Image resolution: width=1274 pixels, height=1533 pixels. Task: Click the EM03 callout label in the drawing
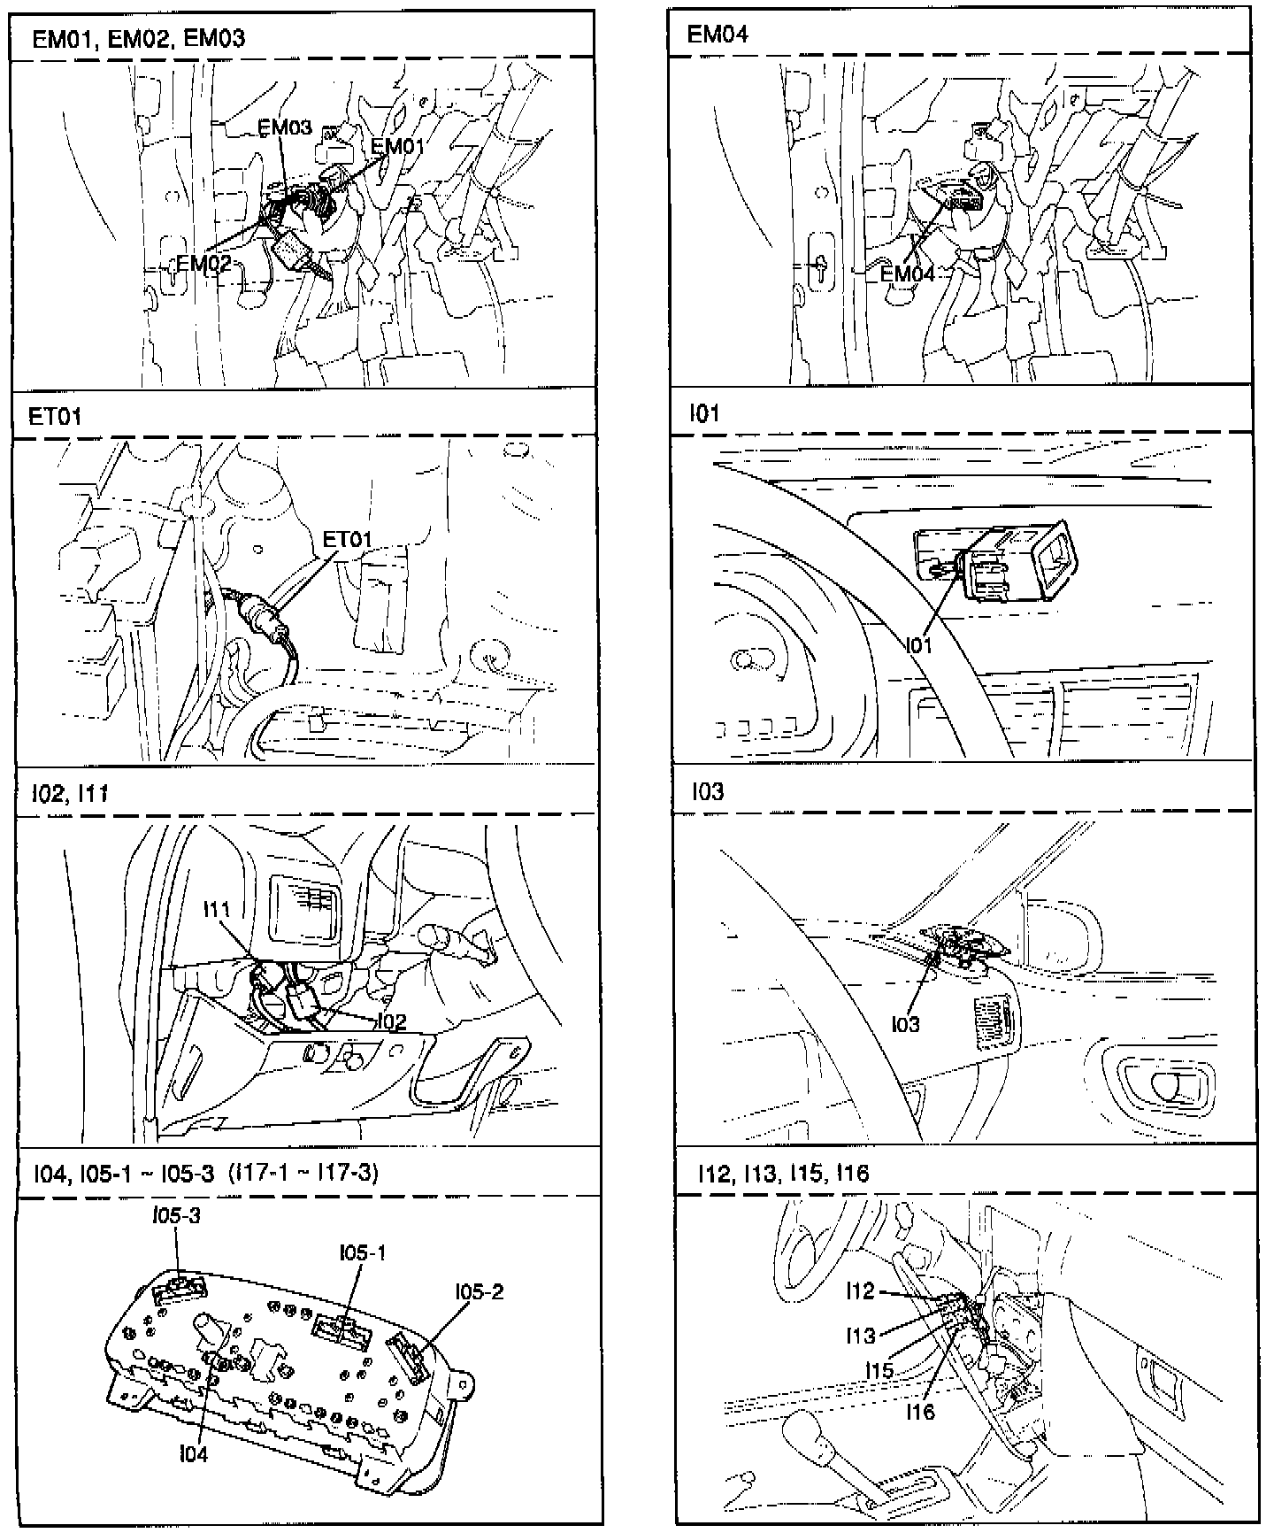[x=285, y=127]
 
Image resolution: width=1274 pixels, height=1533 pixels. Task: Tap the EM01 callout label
[x=397, y=146]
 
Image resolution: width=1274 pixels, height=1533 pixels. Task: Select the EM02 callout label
[x=203, y=263]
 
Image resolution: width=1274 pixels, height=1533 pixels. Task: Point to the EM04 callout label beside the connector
[x=907, y=273]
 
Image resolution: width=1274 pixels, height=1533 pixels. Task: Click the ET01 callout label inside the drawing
[x=347, y=538]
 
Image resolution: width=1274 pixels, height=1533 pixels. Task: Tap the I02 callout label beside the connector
[x=391, y=1021]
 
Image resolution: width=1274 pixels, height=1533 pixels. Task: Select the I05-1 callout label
[x=363, y=1252]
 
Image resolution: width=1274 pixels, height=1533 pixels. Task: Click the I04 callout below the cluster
[x=193, y=1453]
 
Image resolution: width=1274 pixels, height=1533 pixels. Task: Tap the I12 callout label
[x=860, y=1290]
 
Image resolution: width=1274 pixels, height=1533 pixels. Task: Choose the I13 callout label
[x=860, y=1336]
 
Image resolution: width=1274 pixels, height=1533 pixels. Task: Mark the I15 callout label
[x=879, y=1369]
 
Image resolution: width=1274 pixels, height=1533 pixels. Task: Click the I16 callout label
[x=920, y=1412]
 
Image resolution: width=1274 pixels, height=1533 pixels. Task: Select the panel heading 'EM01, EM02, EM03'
[x=139, y=38]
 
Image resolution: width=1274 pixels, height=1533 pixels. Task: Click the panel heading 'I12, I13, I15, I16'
[x=783, y=1174]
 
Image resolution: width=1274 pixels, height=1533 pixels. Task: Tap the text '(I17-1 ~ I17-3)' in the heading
[x=303, y=1174]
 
